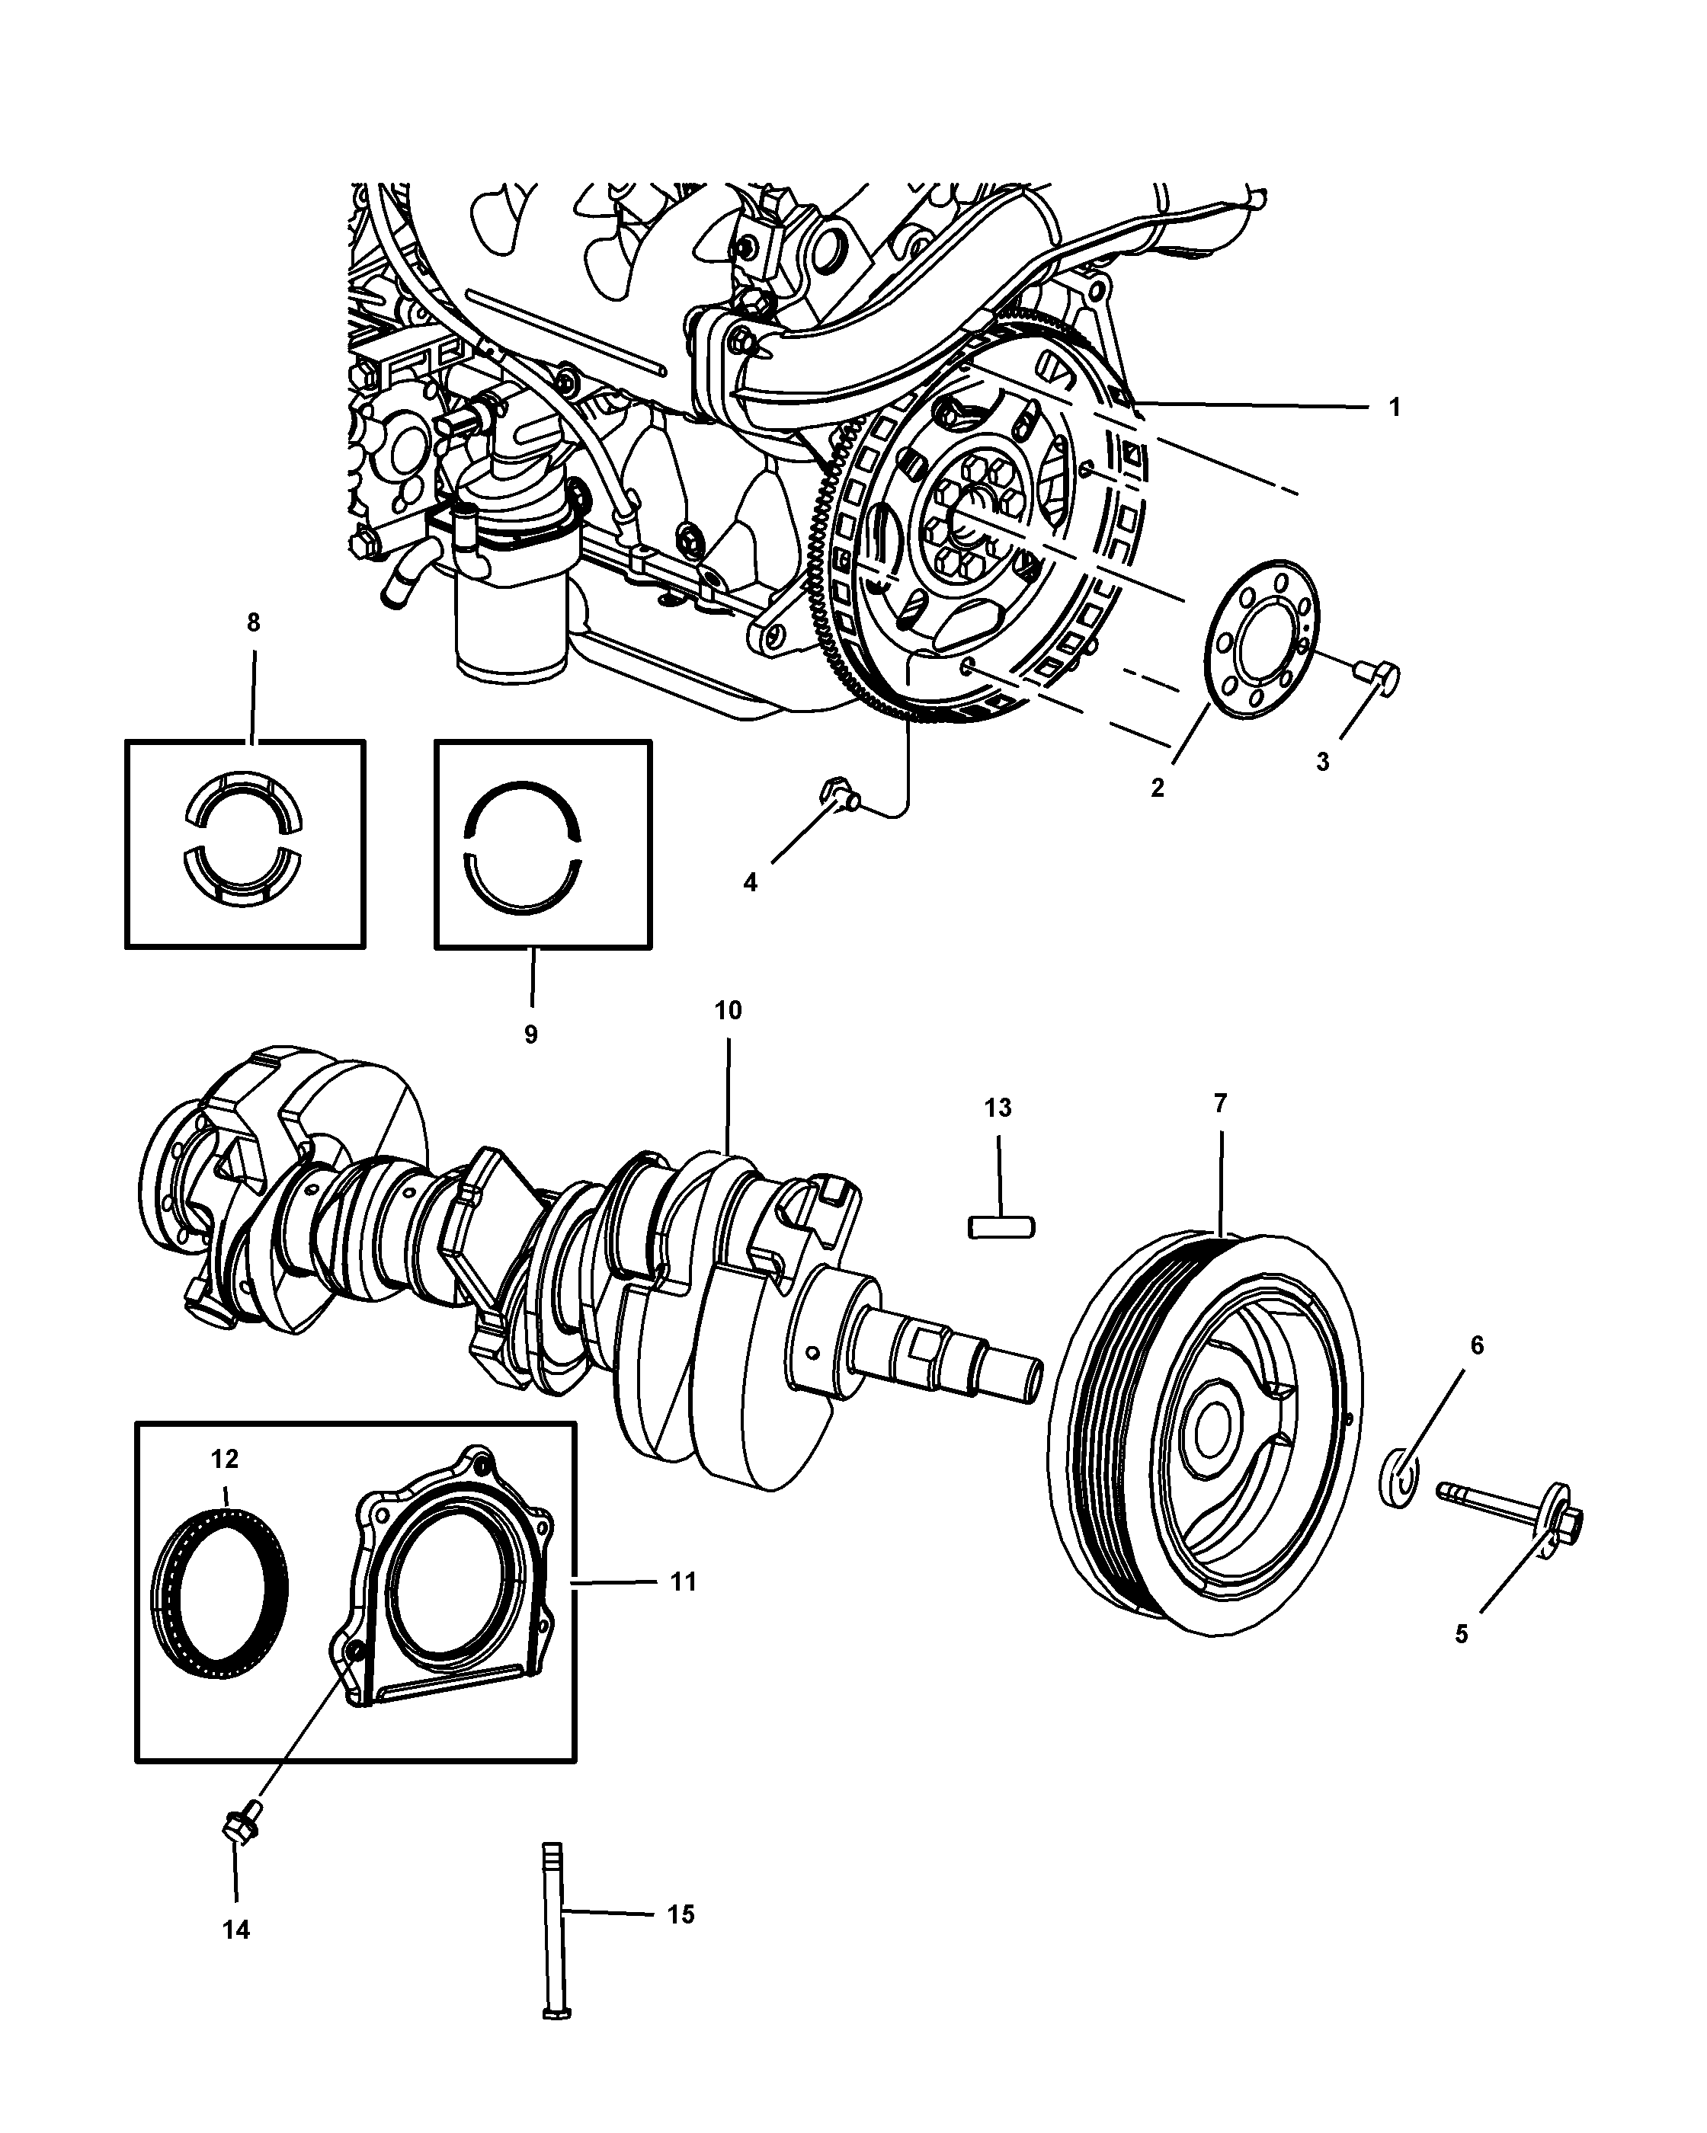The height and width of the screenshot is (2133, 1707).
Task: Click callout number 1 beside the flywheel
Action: (1395, 407)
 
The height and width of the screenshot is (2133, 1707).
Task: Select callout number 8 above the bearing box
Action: (253, 622)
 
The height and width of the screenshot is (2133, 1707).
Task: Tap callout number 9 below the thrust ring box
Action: (531, 1034)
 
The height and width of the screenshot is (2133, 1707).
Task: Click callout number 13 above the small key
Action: (998, 1108)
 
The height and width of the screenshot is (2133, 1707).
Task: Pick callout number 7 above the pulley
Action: (1220, 1103)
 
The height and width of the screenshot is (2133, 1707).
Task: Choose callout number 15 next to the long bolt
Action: (680, 1914)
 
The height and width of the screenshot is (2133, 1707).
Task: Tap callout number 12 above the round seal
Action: (225, 1460)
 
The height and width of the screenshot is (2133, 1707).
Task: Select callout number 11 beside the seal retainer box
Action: (683, 1582)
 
